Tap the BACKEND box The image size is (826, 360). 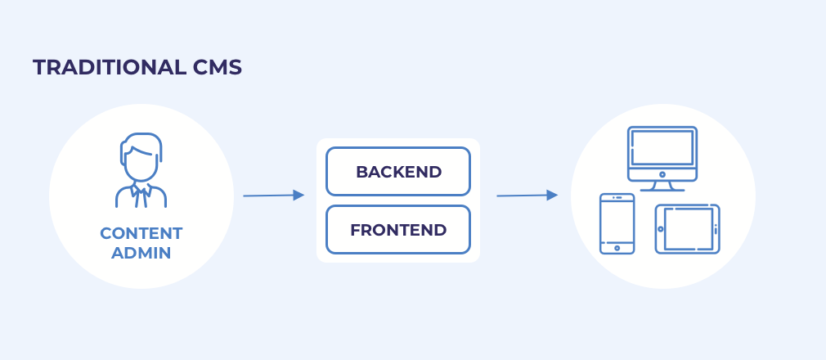(x=398, y=172)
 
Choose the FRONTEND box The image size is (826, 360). (x=398, y=230)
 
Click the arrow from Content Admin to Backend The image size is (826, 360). (x=274, y=196)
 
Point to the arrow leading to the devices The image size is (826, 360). (x=527, y=196)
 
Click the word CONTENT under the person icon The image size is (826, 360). (x=141, y=233)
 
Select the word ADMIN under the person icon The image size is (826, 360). (x=141, y=253)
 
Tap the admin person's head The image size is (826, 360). (x=141, y=157)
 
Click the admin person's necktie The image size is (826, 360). (x=141, y=197)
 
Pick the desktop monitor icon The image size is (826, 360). (x=662, y=159)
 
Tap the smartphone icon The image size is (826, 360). (x=617, y=223)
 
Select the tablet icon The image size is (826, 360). (x=688, y=229)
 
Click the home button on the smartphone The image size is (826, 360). (x=617, y=248)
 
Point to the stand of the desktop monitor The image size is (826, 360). (x=662, y=186)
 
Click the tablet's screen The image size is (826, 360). (x=689, y=229)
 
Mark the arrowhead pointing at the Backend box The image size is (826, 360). (x=299, y=195)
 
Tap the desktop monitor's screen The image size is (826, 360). (x=662, y=147)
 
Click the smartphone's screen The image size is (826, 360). (x=617, y=222)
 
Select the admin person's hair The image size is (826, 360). (x=141, y=142)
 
